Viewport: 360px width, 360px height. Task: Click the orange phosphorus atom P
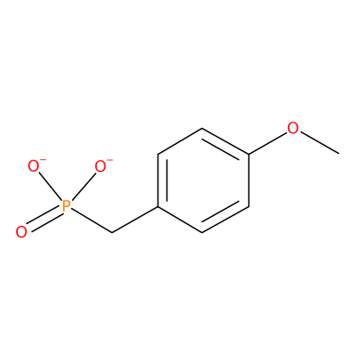point(66,206)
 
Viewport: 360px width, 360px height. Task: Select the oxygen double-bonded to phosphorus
point(22,232)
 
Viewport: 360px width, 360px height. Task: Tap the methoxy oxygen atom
point(293,128)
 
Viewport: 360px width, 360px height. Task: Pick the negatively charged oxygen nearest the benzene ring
point(101,166)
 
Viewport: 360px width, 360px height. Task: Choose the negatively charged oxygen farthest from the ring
point(33,166)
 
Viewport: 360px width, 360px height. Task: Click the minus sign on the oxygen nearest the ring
point(110,159)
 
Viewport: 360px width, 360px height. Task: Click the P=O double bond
point(44,219)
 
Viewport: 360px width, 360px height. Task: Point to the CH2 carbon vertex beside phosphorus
point(112,232)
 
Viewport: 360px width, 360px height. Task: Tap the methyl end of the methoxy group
point(339,154)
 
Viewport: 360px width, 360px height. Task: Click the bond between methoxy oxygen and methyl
point(319,143)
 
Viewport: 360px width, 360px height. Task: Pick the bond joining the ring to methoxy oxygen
point(267,143)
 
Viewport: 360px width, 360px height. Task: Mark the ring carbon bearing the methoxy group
point(248,155)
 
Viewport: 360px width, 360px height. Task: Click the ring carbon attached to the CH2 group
point(157,206)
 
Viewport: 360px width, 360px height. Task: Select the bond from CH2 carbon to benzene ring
point(135,220)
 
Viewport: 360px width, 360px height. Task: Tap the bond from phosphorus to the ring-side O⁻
point(84,186)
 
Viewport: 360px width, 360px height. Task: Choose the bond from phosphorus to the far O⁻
point(50,186)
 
